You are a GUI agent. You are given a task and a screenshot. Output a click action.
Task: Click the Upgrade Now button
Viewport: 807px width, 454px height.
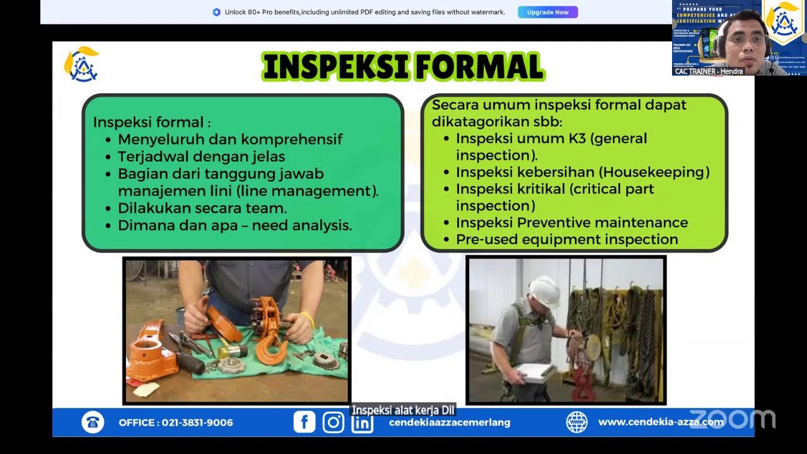[x=547, y=12]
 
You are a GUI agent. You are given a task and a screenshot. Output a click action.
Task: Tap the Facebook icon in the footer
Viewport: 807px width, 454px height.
[x=305, y=422]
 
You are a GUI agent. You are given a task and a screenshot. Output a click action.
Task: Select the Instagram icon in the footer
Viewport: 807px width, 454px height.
[x=333, y=422]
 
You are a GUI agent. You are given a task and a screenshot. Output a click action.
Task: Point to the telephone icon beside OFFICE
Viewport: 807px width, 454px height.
[x=93, y=422]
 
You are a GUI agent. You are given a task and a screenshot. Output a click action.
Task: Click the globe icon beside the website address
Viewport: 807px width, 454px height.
[x=576, y=422]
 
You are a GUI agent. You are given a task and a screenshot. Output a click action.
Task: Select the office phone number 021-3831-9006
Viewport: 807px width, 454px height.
[x=197, y=422]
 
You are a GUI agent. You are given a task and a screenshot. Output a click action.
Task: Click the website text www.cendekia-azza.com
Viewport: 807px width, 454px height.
[x=660, y=422]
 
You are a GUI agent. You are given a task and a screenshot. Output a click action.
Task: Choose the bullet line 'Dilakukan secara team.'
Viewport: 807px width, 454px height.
[x=202, y=207]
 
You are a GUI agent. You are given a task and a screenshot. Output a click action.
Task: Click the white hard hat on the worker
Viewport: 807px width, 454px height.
[x=543, y=289]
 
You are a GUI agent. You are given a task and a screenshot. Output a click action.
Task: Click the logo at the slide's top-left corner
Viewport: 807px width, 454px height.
[x=81, y=64]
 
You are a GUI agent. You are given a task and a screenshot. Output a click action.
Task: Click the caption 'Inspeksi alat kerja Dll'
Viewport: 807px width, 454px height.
[x=403, y=410]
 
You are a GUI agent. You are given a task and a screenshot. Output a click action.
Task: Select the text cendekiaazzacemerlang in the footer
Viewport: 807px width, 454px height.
[x=450, y=422]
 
